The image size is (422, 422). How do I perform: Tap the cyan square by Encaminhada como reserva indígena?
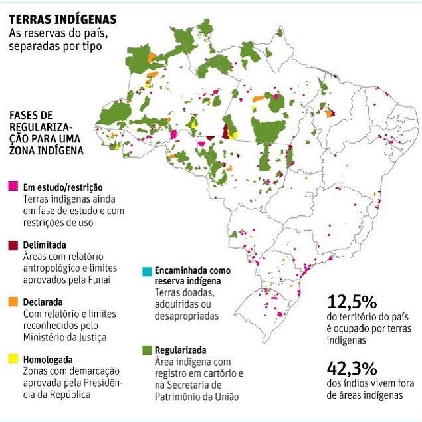click(146, 271)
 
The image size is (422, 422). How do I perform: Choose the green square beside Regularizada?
click(146, 350)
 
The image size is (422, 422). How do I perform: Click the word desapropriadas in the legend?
click(186, 316)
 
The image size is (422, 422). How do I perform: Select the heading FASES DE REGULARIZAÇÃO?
click(47, 132)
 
